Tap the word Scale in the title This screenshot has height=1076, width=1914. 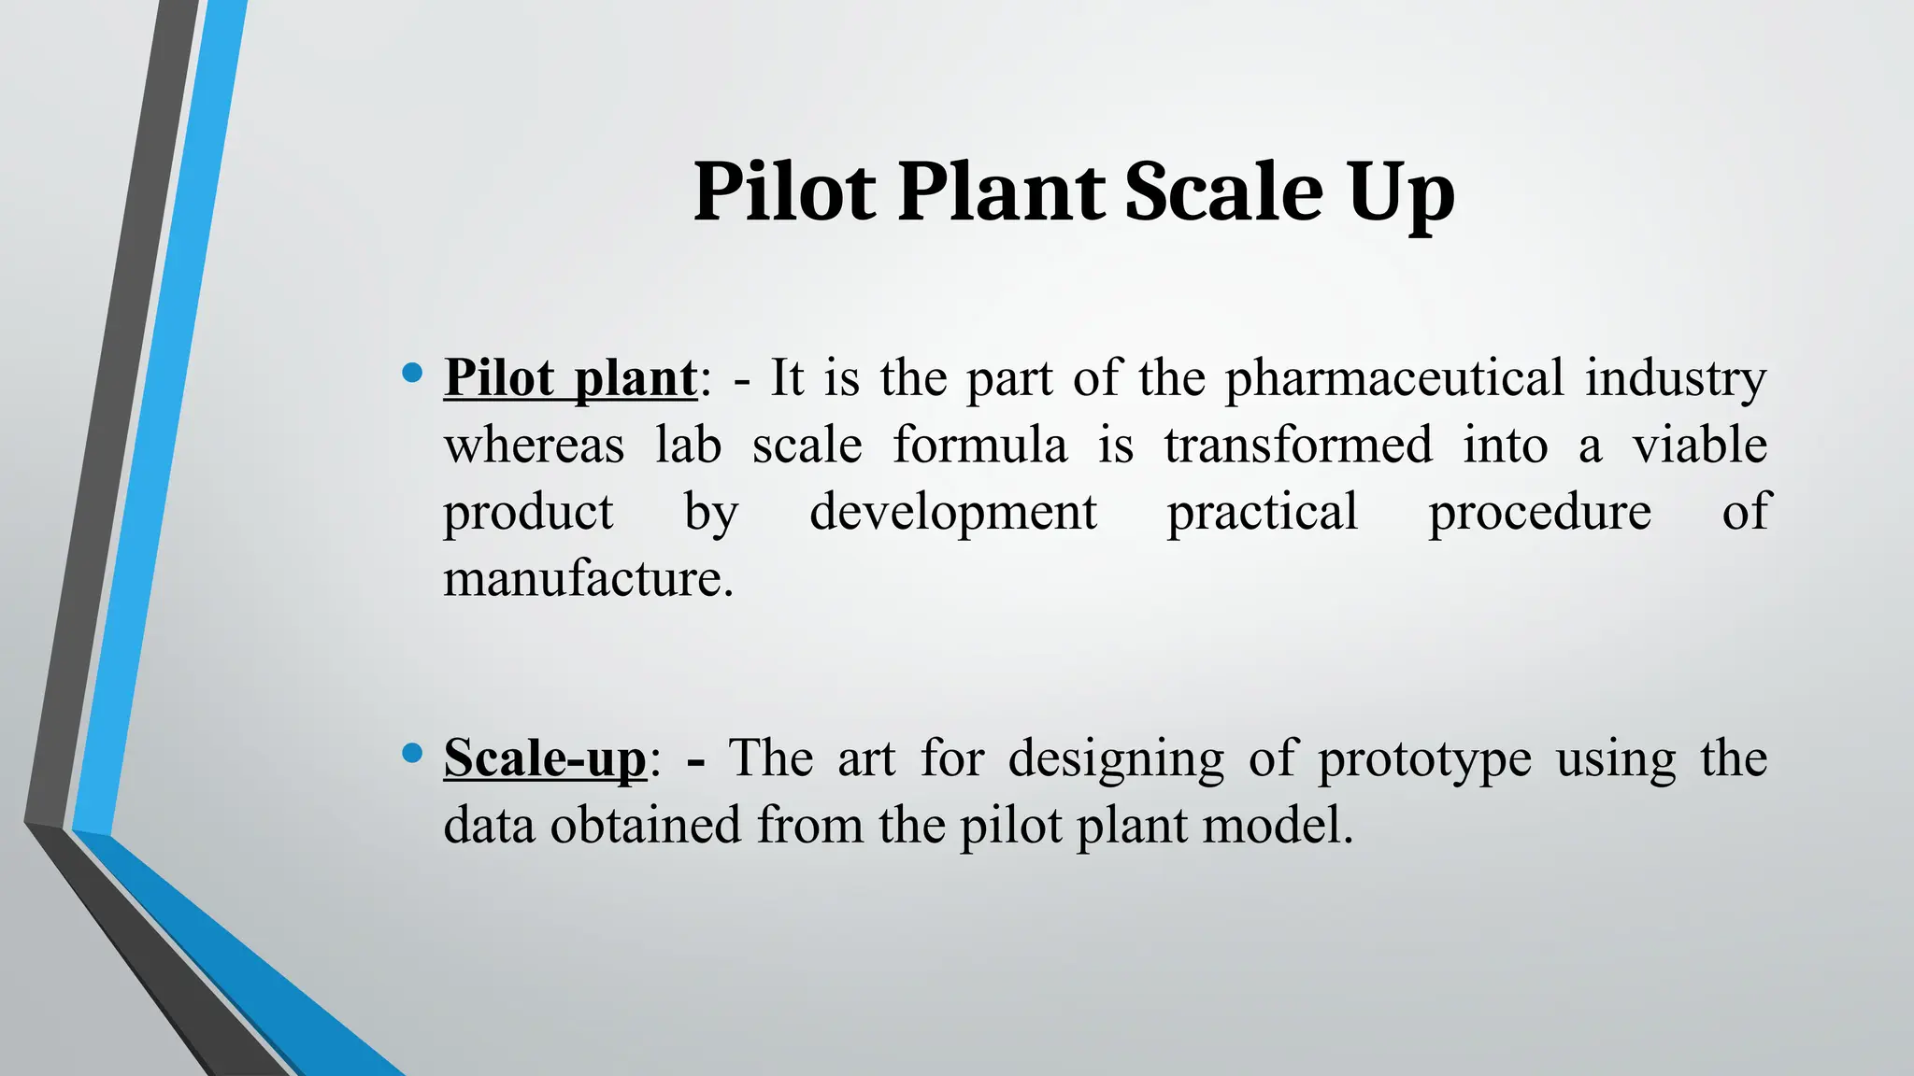1224,191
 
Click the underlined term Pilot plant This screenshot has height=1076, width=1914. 570,378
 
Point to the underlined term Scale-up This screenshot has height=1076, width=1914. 545,757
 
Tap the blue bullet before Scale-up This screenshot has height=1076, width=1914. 411,753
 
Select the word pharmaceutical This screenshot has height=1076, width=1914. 1393,378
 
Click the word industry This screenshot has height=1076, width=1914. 1675,378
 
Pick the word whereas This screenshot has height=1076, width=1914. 534,445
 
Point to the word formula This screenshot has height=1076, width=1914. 979,445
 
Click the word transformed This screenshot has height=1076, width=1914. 1298,445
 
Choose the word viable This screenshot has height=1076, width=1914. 1699,445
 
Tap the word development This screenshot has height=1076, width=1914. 953,513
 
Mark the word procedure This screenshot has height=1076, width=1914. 1539,513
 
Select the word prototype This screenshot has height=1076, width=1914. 1424,757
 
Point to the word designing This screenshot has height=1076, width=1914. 1116,757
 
